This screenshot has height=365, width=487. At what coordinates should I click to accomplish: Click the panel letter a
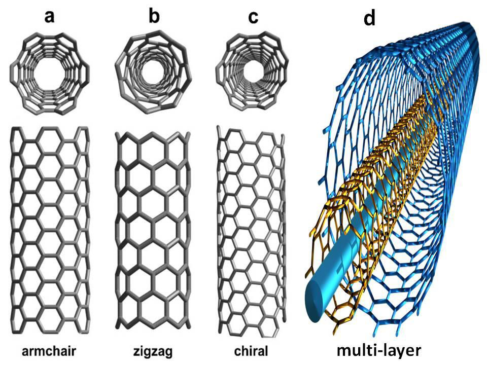[49, 16]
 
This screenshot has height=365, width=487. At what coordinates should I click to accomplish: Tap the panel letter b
[154, 16]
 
